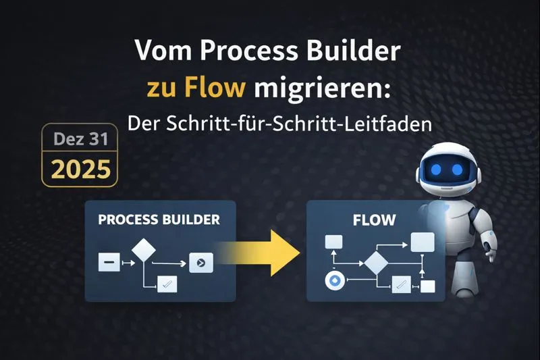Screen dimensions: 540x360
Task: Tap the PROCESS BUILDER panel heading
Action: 159,220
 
